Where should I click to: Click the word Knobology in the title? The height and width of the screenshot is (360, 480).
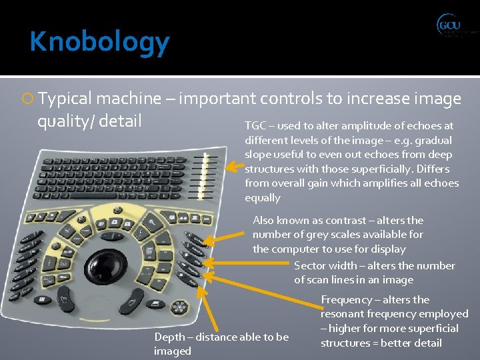coord(99,42)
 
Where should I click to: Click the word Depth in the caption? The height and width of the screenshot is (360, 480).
coord(169,337)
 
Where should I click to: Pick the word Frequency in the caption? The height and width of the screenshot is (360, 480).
coord(347,300)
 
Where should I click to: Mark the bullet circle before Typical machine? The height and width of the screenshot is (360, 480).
coord(29,99)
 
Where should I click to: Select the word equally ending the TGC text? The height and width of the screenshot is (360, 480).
coord(263,198)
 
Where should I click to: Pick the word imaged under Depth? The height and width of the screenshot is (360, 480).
coord(173,351)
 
